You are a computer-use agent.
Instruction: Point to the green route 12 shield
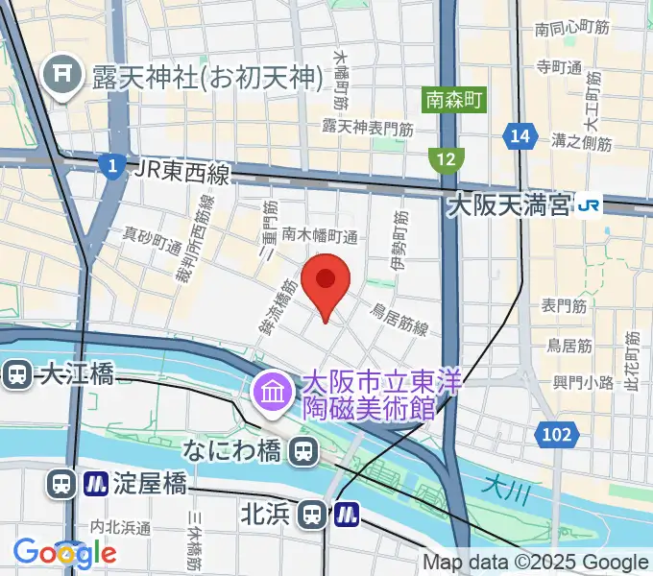pos(447,158)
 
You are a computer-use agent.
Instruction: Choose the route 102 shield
pos(556,435)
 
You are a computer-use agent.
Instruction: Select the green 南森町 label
pos(455,99)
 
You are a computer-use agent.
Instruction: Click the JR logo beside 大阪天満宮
pos(589,204)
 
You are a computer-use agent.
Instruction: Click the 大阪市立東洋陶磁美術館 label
pos(370,396)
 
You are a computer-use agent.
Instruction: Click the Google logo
pos(65,552)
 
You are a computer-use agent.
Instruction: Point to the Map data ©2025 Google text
pos(536,563)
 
